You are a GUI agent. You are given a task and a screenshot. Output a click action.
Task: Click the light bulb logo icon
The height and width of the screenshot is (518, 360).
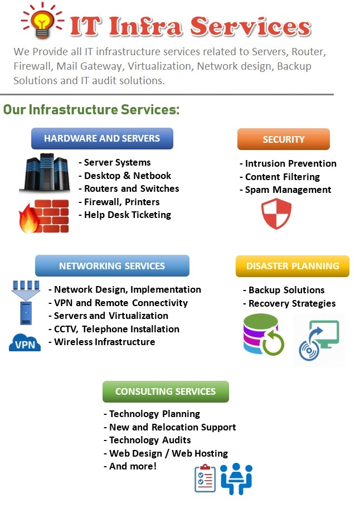pos(42,21)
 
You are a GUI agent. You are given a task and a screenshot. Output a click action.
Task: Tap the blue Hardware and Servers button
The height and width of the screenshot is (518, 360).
pos(102,138)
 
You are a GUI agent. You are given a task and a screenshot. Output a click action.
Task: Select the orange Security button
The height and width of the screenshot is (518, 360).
pos(284,139)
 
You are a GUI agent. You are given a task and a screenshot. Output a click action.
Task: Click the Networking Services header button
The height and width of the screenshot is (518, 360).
pos(112,265)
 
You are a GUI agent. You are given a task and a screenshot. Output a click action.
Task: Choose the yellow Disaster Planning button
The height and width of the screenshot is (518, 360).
pos(293,266)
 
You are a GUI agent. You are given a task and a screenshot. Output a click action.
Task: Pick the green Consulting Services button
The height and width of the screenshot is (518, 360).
pos(166,391)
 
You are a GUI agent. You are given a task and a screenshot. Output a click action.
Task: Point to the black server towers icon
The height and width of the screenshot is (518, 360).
pos(45,172)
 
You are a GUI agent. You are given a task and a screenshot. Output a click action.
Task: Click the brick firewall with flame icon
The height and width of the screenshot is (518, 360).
pos(44,216)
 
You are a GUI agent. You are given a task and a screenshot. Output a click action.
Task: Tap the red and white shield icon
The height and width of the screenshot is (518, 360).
pos(276,214)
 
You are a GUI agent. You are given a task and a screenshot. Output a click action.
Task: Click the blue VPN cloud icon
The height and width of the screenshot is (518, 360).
pos(25,342)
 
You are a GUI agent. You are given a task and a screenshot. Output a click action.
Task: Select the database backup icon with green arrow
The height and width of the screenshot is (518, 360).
pos(263,335)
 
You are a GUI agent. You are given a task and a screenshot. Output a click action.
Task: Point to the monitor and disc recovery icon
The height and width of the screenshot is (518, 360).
pos(319,340)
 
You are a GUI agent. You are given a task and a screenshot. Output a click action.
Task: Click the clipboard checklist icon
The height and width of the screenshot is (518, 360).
pos(205,478)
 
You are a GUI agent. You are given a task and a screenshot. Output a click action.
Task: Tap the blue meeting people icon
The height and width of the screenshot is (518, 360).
pos(236,478)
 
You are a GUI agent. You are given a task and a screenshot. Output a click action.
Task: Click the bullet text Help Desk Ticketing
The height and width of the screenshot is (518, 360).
pos(128,215)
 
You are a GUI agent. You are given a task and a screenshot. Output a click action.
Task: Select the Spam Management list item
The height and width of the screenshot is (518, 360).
pos(288,190)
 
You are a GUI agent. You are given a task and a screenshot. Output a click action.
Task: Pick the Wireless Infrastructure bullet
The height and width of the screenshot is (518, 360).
pos(104,342)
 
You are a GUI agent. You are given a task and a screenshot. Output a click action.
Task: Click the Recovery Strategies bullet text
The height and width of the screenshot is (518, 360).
pos(292,303)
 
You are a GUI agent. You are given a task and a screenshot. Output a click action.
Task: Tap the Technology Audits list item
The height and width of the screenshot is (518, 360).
pos(150,440)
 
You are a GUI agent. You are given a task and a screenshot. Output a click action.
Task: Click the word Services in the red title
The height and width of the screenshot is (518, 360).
pos(251,26)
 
